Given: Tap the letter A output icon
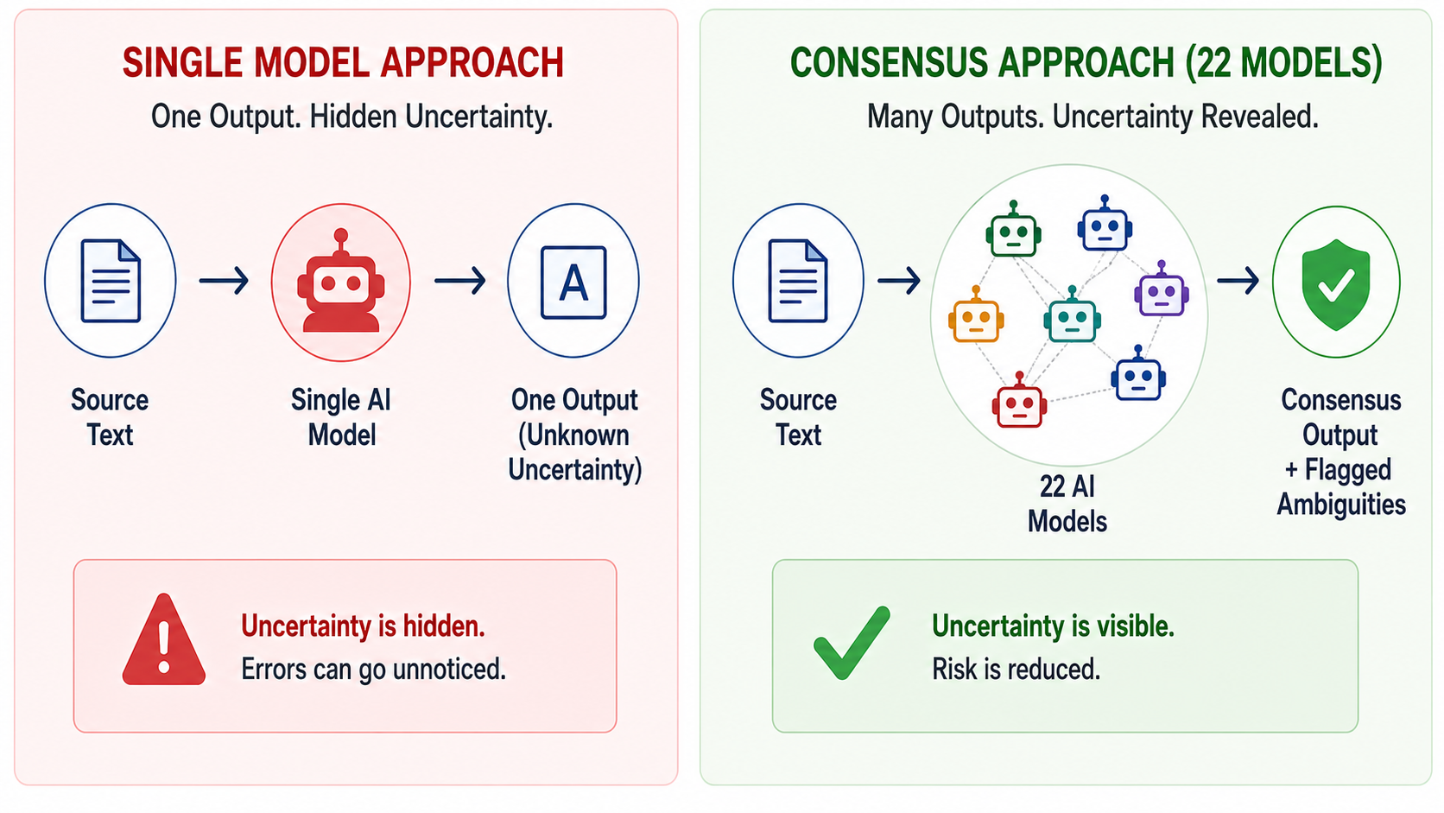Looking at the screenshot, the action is pyautogui.click(x=573, y=283).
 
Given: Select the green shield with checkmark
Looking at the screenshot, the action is pyautogui.click(x=1336, y=284).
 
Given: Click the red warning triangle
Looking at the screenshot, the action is pyautogui.click(x=164, y=639).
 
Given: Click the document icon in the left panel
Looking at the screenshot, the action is pyautogui.click(x=111, y=281).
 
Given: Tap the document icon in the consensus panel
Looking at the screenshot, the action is pyautogui.click(x=798, y=281).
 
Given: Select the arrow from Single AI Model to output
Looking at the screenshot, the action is pyautogui.click(x=459, y=281).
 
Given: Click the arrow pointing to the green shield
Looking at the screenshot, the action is pyautogui.click(x=1238, y=281).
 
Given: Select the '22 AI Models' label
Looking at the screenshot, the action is pyautogui.click(x=1067, y=504).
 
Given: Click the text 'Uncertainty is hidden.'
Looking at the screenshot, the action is pyautogui.click(x=363, y=626).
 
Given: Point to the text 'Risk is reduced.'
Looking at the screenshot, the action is pyautogui.click(x=1016, y=670).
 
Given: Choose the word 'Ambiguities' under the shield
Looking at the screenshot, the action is pyautogui.click(x=1341, y=505).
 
